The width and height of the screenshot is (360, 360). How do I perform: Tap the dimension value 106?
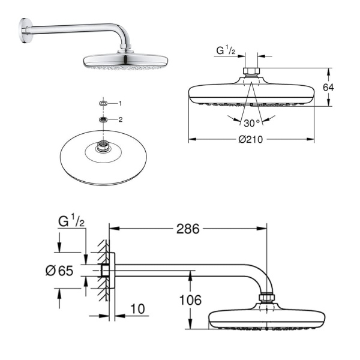pyautogui.click(x=190, y=299)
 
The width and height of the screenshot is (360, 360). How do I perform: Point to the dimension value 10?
pyautogui.click(x=137, y=309)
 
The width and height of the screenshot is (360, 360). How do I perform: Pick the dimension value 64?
pyautogui.click(x=327, y=88)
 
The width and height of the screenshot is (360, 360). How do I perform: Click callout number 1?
pyautogui.click(x=119, y=104)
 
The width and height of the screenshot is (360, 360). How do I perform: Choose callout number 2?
pyautogui.click(x=120, y=119)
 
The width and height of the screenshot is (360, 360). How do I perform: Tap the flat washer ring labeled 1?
pyautogui.click(x=104, y=104)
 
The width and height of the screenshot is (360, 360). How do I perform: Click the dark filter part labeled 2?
pyautogui.click(x=104, y=119)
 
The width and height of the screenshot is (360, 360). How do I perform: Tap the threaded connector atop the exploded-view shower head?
pyautogui.click(x=105, y=146)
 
